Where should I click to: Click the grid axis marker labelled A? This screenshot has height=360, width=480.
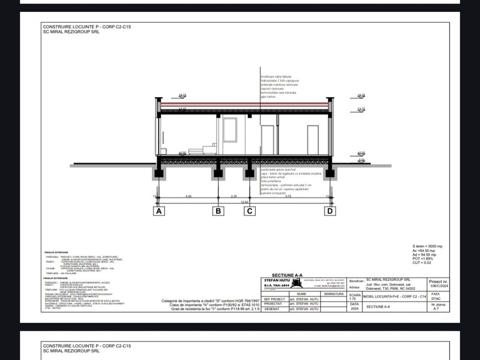click(x=159, y=211)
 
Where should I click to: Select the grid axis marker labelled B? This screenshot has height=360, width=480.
click(x=218, y=211)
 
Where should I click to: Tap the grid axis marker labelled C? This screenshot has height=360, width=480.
click(x=249, y=211)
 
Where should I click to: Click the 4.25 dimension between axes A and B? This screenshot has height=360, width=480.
click(x=188, y=196)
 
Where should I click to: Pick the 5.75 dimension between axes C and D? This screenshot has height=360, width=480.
click(x=289, y=196)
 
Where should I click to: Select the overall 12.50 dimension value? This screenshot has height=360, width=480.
click(x=244, y=202)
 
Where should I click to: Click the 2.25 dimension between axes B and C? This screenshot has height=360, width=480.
click(x=234, y=196)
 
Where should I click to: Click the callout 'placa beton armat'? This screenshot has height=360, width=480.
click(x=274, y=178)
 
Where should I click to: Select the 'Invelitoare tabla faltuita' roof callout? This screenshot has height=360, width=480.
click(x=279, y=77)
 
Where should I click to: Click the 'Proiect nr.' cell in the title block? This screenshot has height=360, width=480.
click(x=437, y=282)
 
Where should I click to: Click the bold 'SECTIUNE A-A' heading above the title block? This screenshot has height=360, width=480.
click(x=289, y=275)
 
